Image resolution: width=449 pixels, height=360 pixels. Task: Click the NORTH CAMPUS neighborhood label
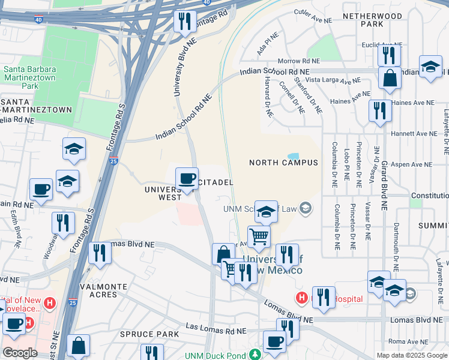283,163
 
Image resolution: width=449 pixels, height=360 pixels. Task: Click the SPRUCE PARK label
149,334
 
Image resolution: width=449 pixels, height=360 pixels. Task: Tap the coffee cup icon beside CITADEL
187,178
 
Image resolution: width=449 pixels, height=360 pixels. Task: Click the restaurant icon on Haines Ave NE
380,110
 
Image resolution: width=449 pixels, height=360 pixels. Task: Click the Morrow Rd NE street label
298,61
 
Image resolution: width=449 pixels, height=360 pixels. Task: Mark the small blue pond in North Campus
293,156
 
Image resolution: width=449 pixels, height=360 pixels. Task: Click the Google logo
20,353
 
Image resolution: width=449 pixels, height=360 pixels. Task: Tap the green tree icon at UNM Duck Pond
255,355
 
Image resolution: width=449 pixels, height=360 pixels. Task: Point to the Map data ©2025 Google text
412,355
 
